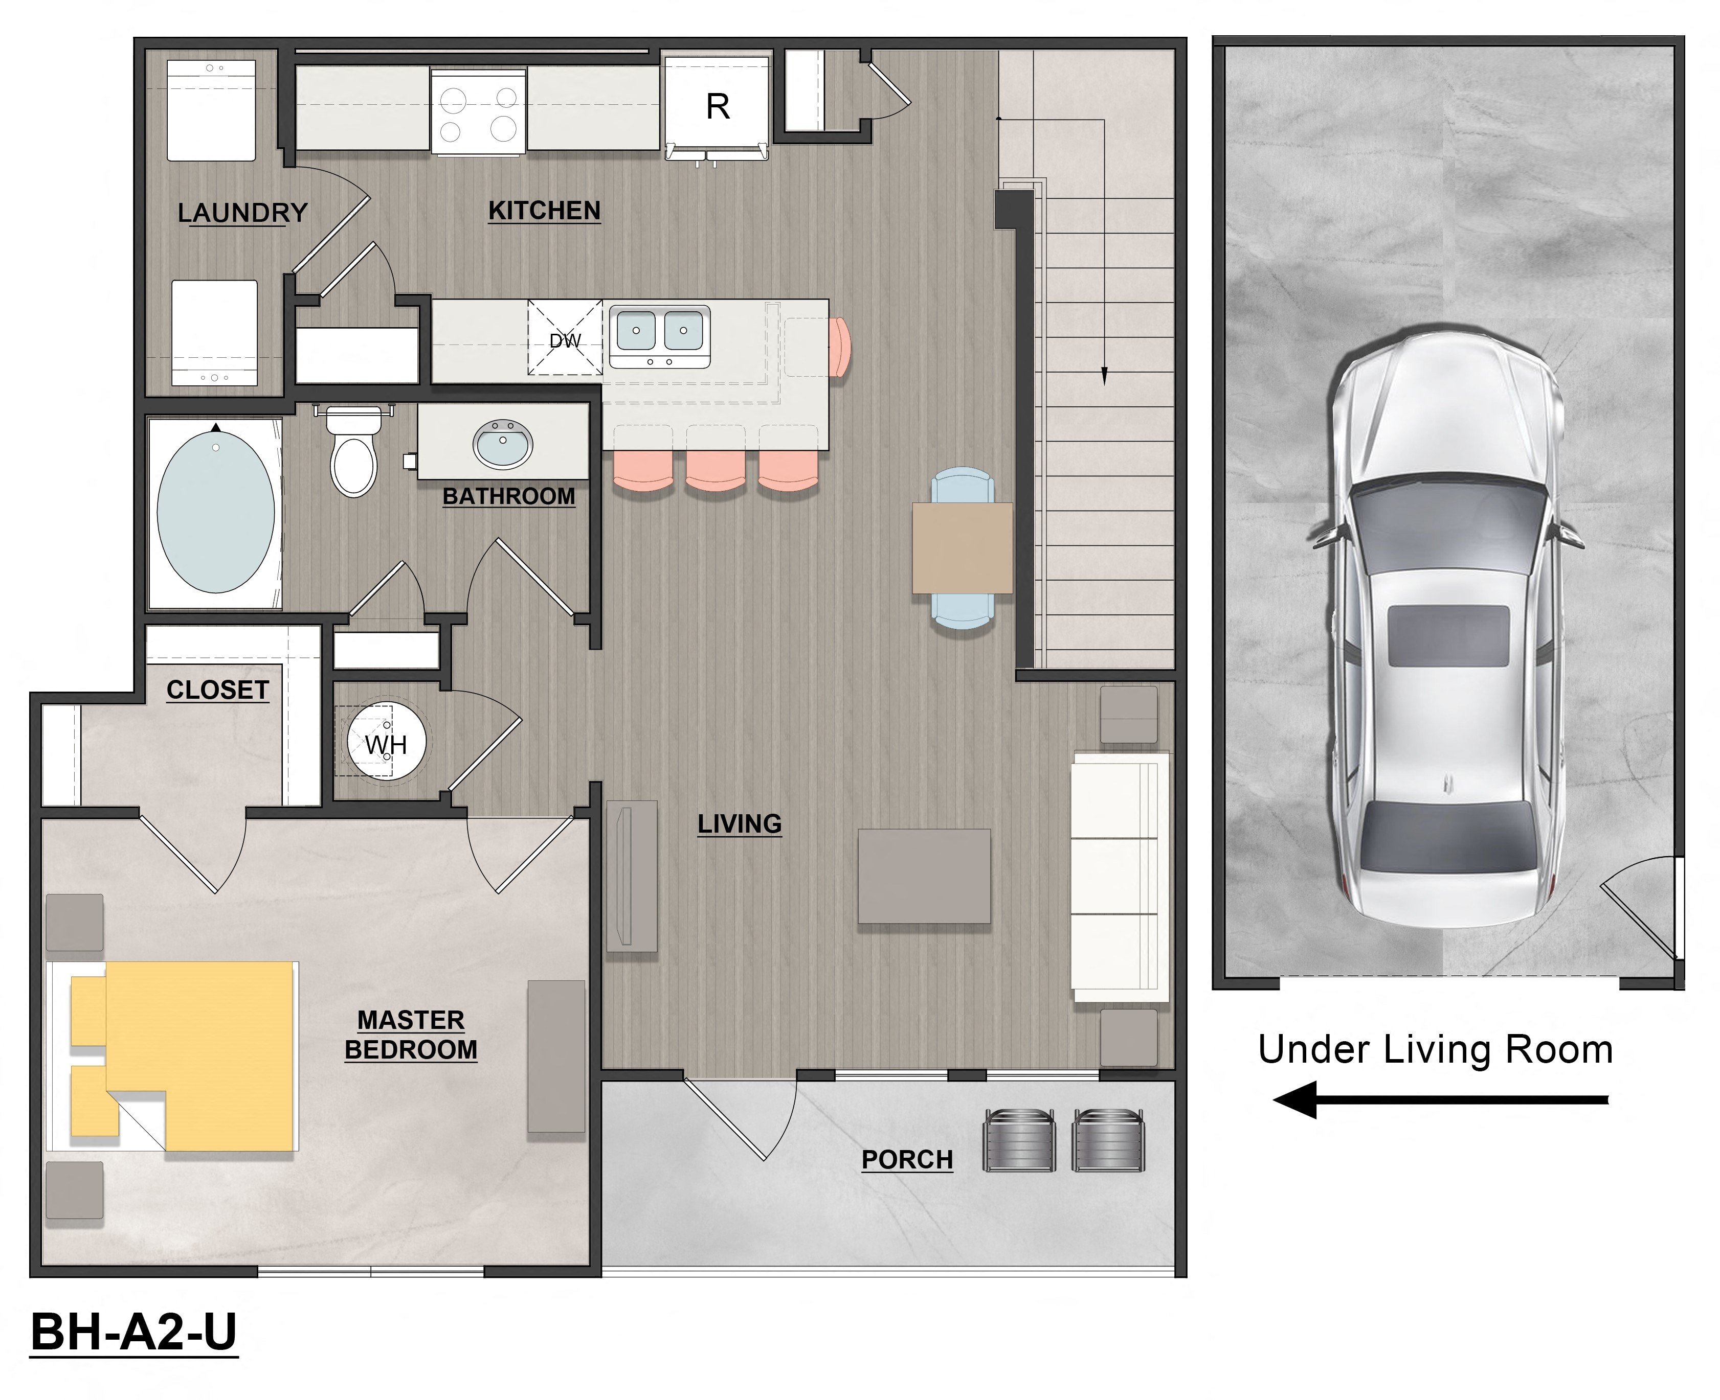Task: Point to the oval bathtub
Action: click(x=215, y=512)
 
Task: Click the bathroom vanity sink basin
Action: click(x=503, y=444)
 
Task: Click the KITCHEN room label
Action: click(x=545, y=211)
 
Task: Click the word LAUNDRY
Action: click(x=242, y=213)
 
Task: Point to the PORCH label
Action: click(x=907, y=1160)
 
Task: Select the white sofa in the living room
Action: click(x=1120, y=877)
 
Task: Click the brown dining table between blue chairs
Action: click(x=963, y=548)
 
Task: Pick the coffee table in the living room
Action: click(x=924, y=876)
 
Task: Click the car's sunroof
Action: click(x=1448, y=635)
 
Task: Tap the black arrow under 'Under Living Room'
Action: click(x=1440, y=1099)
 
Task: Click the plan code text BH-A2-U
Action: click(x=134, y=1332)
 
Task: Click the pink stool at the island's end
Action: click(x=840, y=347)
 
